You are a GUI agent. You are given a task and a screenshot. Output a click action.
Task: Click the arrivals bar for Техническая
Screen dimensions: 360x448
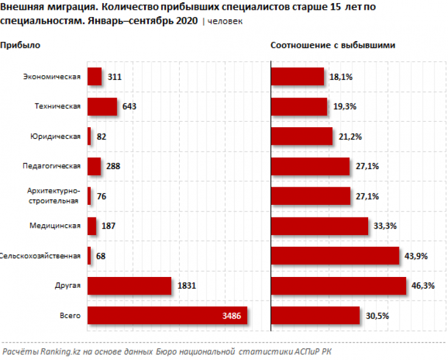[x=102, y=107]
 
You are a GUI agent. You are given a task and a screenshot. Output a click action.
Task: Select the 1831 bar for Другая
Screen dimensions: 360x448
[x=129, y=285]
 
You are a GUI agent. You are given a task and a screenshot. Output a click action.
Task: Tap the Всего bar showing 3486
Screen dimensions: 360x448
[x=167, y=315]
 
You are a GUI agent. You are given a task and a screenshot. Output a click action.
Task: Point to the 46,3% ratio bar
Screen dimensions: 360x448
[x=338, y=285]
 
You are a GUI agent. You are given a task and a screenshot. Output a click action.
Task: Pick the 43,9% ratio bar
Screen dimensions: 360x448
[x=334, y=256]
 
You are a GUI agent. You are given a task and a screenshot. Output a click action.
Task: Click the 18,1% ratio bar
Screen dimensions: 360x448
[x=297, y=77]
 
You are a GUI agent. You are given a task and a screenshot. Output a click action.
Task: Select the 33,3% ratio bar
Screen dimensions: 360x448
[x=319, y=226]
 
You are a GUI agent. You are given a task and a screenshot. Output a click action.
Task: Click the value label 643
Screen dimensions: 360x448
[x=130, y=107]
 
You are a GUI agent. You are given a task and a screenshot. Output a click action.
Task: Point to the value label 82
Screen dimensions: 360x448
[x=102, y=137]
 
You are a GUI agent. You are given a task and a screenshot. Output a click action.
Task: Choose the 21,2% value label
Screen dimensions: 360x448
[x=350, y=137]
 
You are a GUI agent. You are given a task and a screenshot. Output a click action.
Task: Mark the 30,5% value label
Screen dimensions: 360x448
[x=378, y=315]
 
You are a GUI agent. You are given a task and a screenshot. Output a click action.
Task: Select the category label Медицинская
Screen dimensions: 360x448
[x=55, y=225]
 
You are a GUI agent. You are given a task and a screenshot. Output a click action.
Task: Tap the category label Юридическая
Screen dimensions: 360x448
[x=55, y=136]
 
